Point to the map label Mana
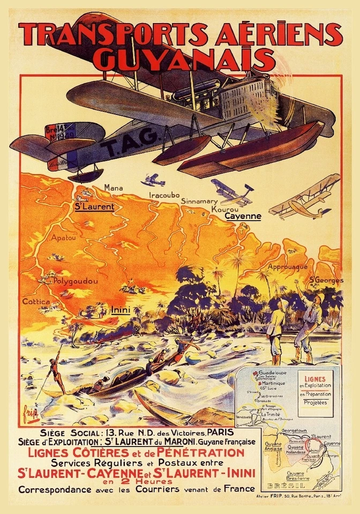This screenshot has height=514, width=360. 114,188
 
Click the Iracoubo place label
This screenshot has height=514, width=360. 164,195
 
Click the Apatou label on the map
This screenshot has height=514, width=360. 63,237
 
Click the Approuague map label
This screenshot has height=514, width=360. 287,267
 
